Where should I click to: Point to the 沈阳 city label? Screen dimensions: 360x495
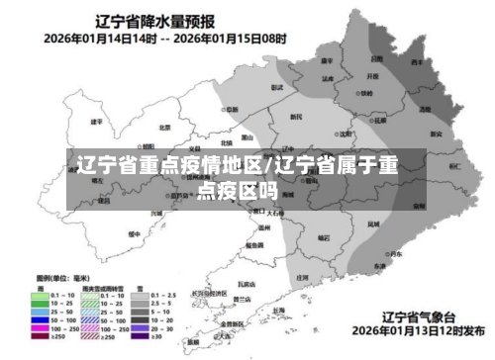pyautogui.click(x=345, y=133)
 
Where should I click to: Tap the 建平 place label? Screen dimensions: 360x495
pyautogui.click(x=96, y=122)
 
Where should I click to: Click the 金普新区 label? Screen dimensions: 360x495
pyautogui.click(x=234, y=322)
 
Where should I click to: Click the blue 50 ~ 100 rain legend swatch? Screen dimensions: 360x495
pyautogui.click(x=44, y=320)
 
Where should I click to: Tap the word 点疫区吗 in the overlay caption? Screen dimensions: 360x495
pyautogui.click(x=236, y=188)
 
